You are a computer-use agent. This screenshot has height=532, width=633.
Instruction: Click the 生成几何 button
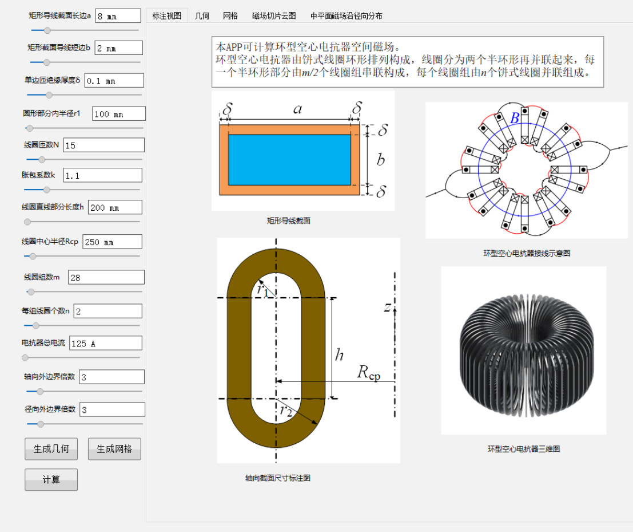point(51,449)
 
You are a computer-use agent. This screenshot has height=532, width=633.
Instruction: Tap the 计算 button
point(51,479)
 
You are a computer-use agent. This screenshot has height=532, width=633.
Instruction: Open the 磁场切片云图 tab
point(274,16)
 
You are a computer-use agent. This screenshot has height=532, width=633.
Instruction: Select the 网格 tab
point(230,16)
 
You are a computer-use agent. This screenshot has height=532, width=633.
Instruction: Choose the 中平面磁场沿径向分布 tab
point(346,16)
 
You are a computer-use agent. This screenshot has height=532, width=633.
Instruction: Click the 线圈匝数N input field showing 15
point(103,145)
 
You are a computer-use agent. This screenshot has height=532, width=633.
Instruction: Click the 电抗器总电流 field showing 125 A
point(106,343)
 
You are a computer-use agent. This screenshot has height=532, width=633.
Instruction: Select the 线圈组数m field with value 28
point(106,277)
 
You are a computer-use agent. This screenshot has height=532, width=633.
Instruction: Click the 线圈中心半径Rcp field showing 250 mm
point(112,242)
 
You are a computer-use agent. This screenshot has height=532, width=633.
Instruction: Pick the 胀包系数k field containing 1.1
point(102,175)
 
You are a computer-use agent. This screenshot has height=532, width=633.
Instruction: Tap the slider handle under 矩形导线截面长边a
point(47,30)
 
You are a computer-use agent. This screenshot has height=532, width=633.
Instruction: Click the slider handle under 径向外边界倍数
point(41,424)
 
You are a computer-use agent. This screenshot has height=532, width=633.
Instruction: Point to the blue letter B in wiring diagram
point(515,117)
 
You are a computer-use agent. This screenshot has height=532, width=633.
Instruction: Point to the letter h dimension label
point(339,354)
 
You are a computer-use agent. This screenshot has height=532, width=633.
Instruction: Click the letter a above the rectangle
point(297,109)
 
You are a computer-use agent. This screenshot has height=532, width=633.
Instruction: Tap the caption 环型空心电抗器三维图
point(524,449)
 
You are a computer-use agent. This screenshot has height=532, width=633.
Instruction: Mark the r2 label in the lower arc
point(286,411)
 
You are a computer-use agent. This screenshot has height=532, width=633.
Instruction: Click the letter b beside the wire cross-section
point(381,160)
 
